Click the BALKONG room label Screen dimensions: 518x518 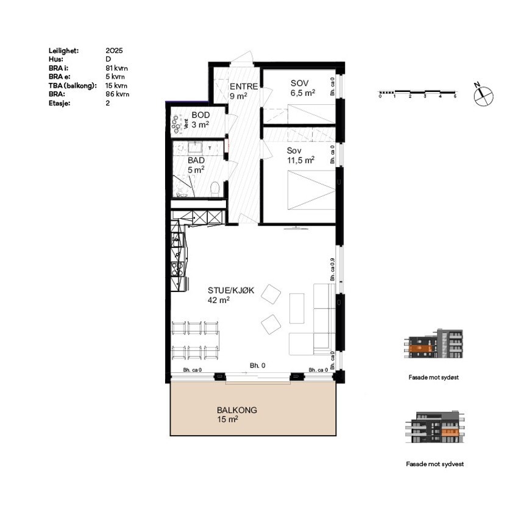pos(236,410)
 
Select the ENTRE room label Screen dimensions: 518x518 pos(244,87)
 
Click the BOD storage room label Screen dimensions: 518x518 pos(200,115)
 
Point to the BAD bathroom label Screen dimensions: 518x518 pos(196,160)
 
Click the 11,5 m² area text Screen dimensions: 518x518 pos(300,160)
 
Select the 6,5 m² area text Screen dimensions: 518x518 pos(302,93)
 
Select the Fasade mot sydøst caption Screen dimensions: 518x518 pos(433,377)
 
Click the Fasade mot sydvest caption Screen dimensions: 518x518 pos(435,464)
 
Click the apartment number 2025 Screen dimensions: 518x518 pos(114,52)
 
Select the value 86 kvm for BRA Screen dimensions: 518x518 pos(117,94)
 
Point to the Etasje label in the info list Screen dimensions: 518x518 pos(60,103)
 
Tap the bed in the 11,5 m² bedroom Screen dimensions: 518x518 pos(311,189)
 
